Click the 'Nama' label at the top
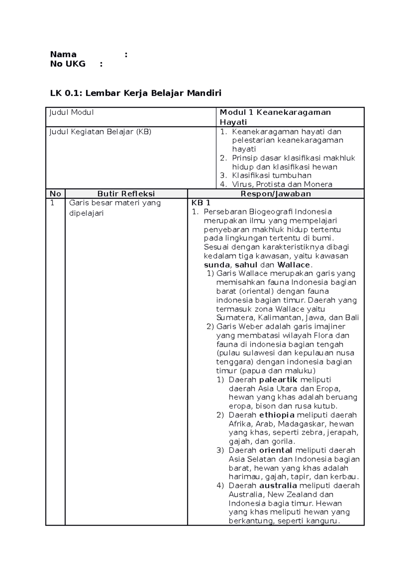63,54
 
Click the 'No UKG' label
67,64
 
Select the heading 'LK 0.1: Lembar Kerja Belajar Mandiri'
136,93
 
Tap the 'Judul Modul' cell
71,112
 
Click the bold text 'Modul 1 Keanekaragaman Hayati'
275,117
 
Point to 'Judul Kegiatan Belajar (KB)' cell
100,132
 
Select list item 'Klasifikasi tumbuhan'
272,176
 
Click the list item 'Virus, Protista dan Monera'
282,184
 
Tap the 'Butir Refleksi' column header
126,194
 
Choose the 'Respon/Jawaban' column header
275,194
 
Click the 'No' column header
55,194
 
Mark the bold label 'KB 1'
201,203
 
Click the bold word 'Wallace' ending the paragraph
294,265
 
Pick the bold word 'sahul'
246,265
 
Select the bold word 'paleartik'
278,379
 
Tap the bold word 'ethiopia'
277,415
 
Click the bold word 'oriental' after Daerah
276,450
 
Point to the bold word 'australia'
278,486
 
